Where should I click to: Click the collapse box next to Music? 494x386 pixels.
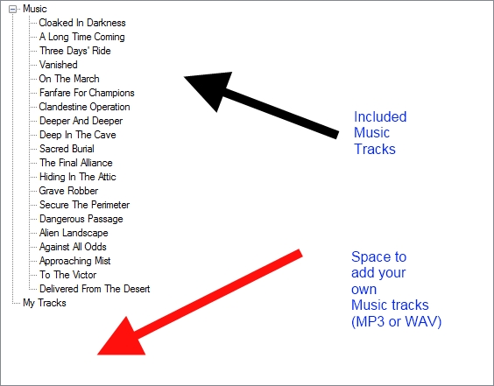[12, 9]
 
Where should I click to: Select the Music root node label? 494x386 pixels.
[35, 9]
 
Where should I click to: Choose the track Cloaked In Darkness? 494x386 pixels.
[82, 23]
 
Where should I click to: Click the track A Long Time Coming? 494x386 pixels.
[82, 37]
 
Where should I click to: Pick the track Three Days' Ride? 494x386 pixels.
[75, 51]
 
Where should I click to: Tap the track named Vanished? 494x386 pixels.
[59, 65]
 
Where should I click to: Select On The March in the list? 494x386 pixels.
[69, 79]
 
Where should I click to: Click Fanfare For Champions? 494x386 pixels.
[87, 93]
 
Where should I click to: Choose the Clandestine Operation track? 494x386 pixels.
[84, 107]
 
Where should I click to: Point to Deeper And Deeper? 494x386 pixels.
[81, 121]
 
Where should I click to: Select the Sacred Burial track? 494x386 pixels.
[67, 149]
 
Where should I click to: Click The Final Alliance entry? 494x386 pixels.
[76, 163]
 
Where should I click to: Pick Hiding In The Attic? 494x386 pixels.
[78, 177]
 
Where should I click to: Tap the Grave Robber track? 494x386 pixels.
[68, 191]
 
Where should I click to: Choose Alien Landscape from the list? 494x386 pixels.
[74, 233]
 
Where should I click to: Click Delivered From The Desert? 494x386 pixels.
[95, 289]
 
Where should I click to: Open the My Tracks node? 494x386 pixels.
[45, 303]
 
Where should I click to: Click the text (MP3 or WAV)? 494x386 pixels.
[396, 322]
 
